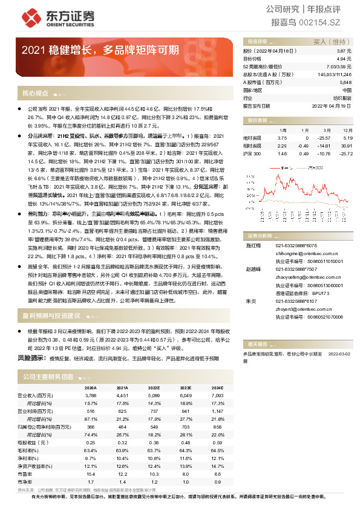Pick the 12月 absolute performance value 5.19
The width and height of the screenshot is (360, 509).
(347, 138)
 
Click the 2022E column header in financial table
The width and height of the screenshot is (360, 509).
(154, 388)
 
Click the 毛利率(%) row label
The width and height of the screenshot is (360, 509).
(28, 450)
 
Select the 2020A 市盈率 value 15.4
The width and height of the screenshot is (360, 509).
(91, 474)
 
